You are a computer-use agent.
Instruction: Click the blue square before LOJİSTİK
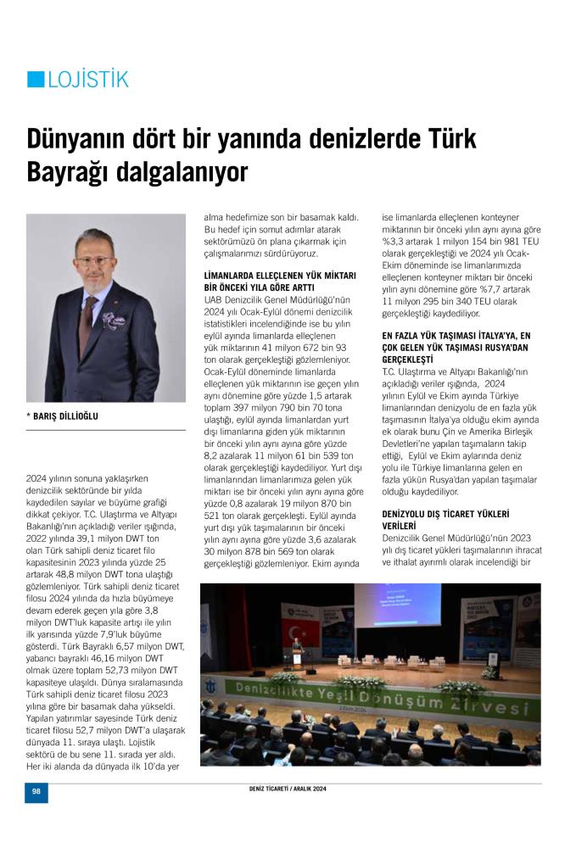coord(36,79)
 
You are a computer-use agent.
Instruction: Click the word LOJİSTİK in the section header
coord(88,80)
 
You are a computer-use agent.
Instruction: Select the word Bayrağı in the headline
coord(72,172)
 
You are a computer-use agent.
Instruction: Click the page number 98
coord(36,790)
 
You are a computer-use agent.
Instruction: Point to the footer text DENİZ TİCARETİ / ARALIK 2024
coord(282,789)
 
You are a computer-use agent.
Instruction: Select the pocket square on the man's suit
coord(115,321)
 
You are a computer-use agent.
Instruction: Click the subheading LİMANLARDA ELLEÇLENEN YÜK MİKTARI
coord(280,276)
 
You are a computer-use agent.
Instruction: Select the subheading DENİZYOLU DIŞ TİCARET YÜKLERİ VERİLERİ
coord(445,520)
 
